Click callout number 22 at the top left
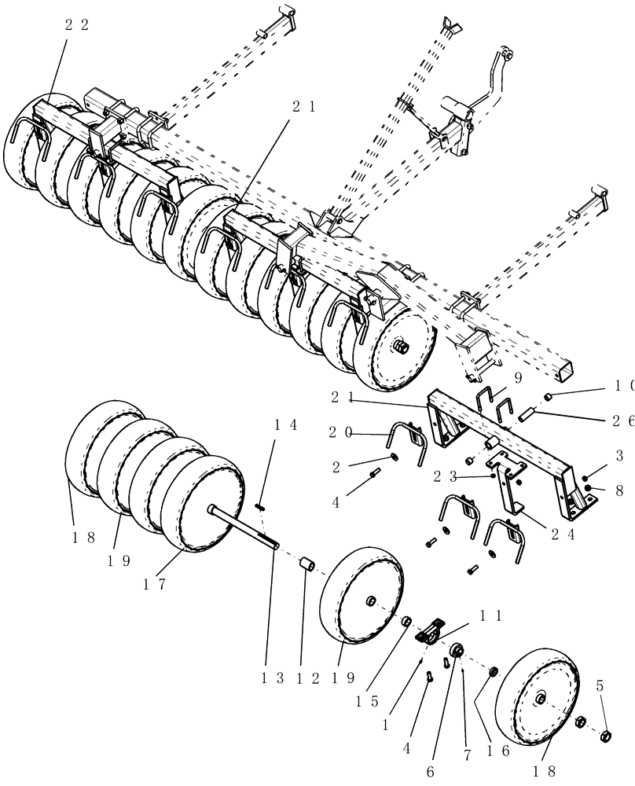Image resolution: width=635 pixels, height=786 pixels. tap(76, 24)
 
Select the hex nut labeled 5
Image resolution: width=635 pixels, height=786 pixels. tap(606, 736)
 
